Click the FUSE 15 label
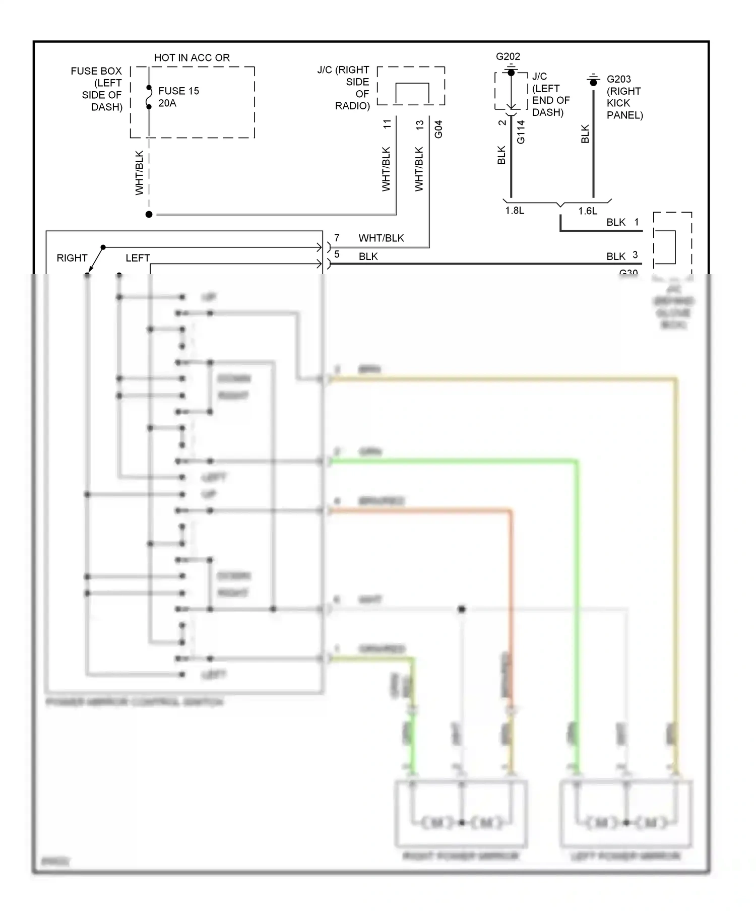point(178,91)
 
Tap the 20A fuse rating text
point(167,103)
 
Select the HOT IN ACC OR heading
point(192,58)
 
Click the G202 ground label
point(508,56)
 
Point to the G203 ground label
point(618,79)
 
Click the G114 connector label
point(521,132)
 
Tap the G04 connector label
point(438,129)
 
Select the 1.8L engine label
point(515,211)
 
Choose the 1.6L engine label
point(587,211)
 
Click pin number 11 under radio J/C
point(387,124)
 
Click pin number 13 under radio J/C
point(420,125)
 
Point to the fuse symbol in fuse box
point(149,97)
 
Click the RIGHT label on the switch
point(72,258)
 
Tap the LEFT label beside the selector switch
point(137,258)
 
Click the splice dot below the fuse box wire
point(149,215)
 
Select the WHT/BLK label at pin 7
point(381,238)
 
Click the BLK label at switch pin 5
point(368,256)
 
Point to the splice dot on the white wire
point(461,609)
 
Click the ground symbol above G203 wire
point(593,79)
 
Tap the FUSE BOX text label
point(96,71)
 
